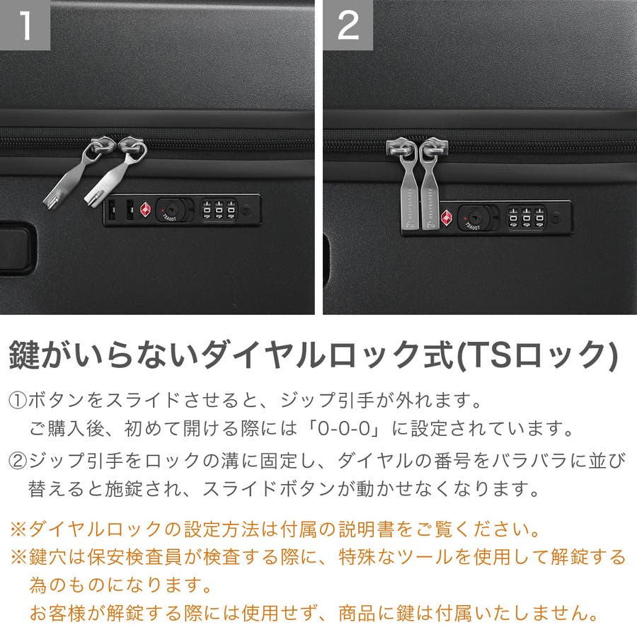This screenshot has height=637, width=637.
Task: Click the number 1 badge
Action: click(25, 25)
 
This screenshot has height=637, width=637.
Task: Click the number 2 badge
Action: click(348, 25)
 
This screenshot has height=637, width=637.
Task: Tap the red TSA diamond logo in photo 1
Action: click(145, 210)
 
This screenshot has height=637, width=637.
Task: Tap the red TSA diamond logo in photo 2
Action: click(447, 218)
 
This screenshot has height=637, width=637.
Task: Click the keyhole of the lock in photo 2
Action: click(473, 217)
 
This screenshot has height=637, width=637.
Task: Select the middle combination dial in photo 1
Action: click(219, 210)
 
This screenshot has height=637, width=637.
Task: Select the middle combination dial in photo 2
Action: click(527, 218)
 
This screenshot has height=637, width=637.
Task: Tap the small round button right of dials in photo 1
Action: click(245, 210)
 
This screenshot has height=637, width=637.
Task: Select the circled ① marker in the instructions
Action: click(18, 401)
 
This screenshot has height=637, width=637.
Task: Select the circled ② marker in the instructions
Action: click(18, 461)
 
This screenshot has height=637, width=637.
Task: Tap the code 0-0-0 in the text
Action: click(344, 429)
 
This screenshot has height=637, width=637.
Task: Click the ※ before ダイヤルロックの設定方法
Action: click(18, 529)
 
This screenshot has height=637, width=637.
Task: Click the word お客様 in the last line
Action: click(58, 613)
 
